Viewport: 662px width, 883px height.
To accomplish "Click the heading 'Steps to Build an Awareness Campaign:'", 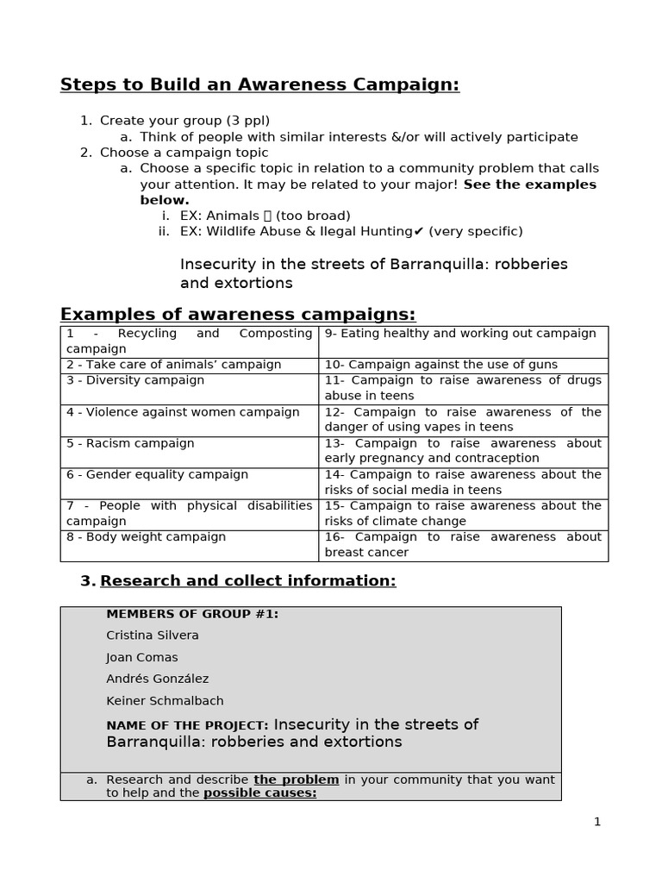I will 259,85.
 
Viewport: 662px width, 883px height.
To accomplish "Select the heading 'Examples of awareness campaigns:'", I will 237,313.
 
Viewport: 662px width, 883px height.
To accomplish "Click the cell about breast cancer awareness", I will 463,545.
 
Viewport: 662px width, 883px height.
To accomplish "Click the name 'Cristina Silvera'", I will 152,636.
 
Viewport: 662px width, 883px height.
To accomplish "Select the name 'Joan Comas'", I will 141,657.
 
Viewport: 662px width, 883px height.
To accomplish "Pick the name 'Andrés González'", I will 157,679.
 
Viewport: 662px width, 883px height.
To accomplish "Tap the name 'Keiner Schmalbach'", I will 164,701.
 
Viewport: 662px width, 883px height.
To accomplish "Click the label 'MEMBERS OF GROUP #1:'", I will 191,614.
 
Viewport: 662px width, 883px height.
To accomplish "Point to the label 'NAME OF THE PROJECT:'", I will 187,726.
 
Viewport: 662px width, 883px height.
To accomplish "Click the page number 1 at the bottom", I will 596,822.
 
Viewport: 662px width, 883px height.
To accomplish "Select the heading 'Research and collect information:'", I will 247,581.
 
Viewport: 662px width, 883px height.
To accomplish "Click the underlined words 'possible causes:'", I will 259,793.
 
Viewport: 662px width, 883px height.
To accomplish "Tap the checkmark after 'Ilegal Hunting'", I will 419,231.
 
